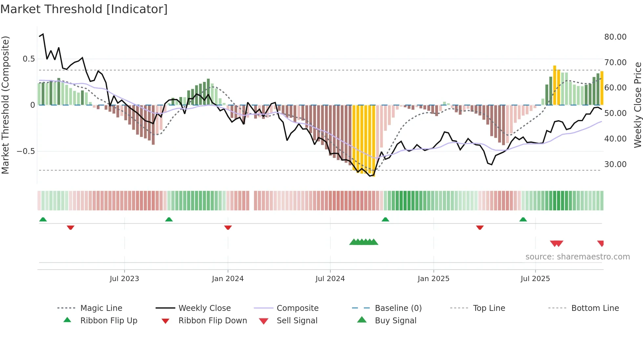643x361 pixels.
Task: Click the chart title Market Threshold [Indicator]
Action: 84,9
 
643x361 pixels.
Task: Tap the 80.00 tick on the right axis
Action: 615,37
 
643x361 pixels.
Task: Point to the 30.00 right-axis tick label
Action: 615,164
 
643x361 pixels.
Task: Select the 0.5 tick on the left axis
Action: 29,59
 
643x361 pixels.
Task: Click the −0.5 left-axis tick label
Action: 26,151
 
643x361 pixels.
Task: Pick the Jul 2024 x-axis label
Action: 330,279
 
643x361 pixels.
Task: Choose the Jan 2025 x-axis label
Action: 433,279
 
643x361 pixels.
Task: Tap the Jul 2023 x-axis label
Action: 124,279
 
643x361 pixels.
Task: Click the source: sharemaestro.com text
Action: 577,257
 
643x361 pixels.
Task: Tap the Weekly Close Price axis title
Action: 637,105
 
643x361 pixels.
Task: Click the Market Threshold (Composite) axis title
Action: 5,105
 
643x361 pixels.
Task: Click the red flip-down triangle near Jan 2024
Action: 228,227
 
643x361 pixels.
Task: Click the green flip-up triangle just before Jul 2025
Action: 523,219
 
